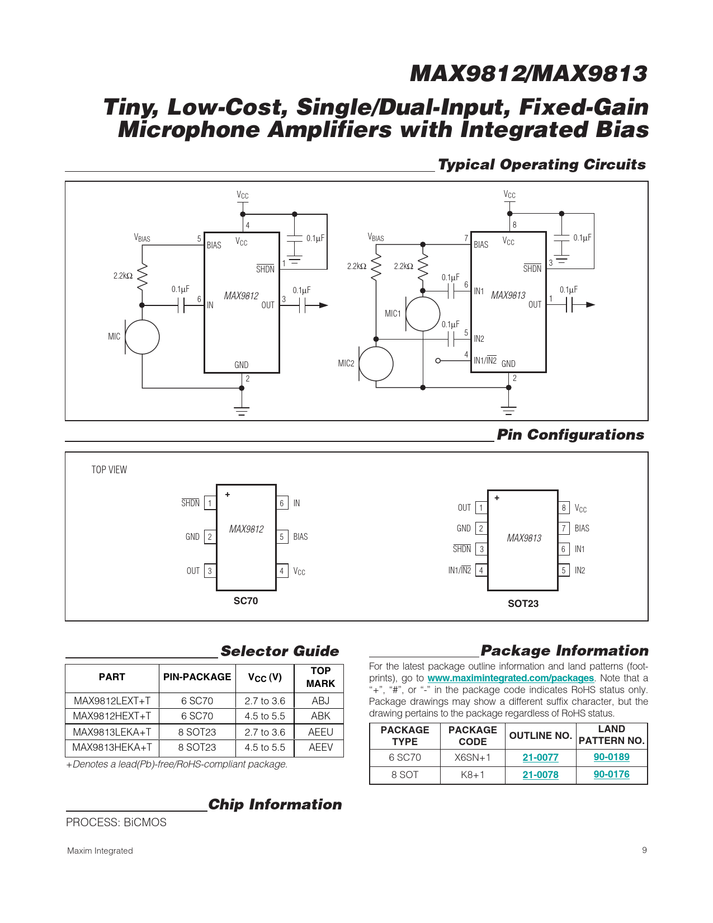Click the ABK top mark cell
coord(320,715)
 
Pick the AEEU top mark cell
coord(320,732)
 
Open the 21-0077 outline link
coord(540,757)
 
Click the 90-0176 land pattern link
coord(611,774)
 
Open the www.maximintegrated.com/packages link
coord(511,678)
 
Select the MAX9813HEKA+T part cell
coord(112,747)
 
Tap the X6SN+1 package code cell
coord(472,757)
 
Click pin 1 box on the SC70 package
coord(210,503)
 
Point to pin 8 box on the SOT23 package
coord(564,507)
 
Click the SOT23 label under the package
coord(523,604)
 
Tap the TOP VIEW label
coord(109,470)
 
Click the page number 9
coord(644,850)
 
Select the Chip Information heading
coord(275,804)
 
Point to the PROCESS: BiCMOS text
coord(116,822)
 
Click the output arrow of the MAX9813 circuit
coord(591,304)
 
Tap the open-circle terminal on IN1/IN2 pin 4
coord(438,361)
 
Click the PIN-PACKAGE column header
coord(197,677)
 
